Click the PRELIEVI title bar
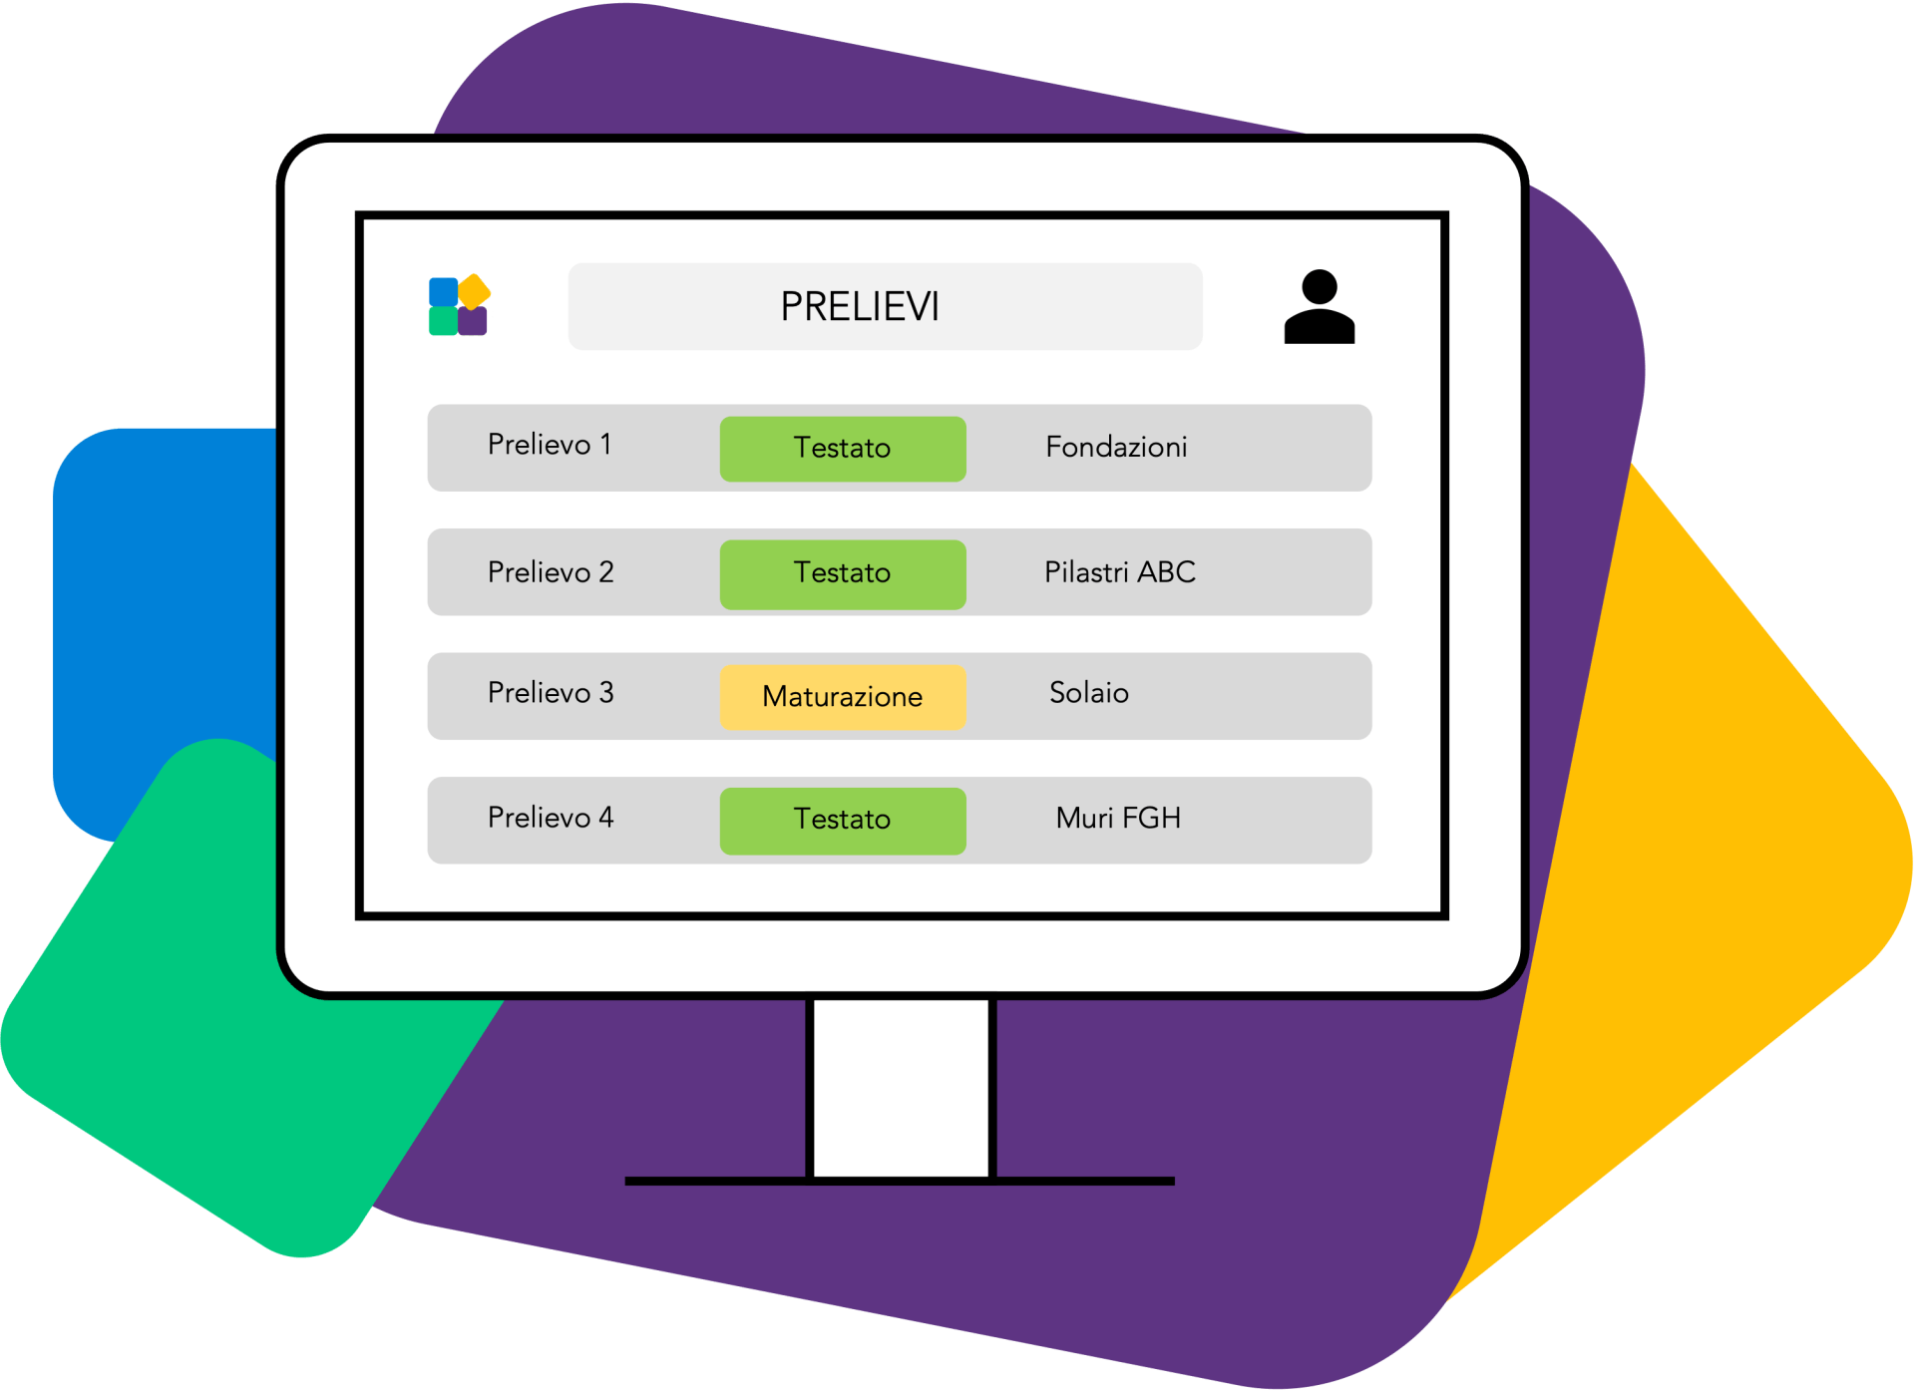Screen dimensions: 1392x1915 coord(885,306)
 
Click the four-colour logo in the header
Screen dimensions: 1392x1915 coord(459,305)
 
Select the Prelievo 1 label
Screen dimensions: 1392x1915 coord(550,445)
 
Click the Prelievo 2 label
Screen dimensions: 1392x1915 coord(551,572)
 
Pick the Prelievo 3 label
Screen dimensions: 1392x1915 coord(551,693)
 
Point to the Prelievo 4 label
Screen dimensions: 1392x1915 coord(551,818)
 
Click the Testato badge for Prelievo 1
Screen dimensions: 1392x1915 coord(843,449)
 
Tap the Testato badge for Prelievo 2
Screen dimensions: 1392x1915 coord(843,574)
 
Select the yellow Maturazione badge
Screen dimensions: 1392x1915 coord(843,697)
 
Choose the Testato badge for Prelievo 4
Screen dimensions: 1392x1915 coord(843,821)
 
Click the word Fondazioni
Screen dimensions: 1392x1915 coord(1116,447)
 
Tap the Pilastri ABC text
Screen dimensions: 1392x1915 coord(1119,572)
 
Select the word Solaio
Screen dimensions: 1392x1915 coord(1089,693)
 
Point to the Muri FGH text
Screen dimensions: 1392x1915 coord(1118,819)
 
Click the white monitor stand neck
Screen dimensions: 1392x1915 coord(902,1087)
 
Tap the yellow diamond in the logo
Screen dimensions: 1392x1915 coord(474,291)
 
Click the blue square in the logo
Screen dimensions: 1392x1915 coord(443,292)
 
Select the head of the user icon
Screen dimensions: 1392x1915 coord(1319,287)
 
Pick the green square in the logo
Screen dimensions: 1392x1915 coord(443,321)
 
